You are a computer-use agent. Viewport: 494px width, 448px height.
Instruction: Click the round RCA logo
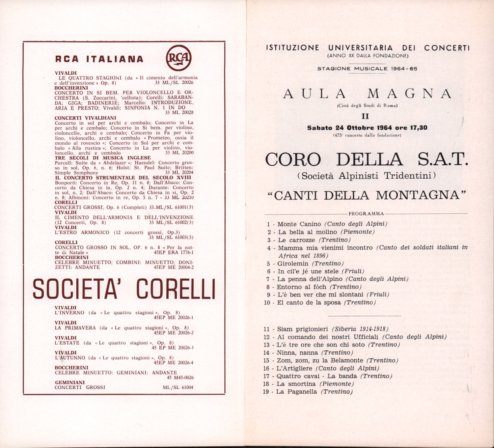178,57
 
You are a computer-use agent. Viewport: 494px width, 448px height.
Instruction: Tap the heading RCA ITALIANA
99,59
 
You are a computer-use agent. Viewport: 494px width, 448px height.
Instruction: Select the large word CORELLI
176,289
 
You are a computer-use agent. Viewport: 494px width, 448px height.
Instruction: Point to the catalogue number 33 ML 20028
179,113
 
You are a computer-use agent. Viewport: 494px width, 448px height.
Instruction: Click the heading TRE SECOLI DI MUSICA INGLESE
102,158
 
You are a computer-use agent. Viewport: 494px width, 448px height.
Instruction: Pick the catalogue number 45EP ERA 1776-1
174,253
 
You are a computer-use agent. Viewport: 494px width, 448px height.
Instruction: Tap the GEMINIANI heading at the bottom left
70,382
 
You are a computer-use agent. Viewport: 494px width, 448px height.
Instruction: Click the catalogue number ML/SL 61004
178,388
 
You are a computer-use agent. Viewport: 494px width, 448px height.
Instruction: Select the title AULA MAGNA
368,94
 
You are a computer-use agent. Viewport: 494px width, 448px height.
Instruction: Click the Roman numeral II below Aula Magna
365,116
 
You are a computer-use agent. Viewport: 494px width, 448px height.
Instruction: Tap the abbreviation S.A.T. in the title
443,160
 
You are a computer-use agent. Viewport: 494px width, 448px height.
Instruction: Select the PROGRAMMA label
366,214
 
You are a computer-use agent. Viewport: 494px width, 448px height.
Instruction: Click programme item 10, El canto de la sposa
309,302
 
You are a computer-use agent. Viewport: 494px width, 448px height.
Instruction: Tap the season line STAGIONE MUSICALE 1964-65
367,69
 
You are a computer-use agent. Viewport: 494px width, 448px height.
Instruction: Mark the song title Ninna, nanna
297,352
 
